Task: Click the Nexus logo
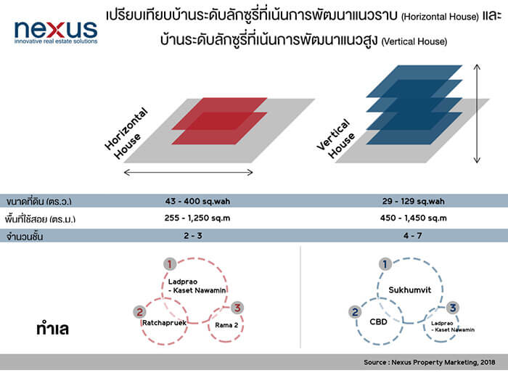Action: [56, 33]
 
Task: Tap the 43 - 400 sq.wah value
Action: [197, 201]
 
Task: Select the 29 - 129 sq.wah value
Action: [414, 201]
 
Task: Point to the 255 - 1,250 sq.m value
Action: [197, 218]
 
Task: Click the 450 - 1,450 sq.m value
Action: [414, 218]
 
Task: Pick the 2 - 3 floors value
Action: [193, 236]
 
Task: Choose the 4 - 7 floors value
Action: [413, 236]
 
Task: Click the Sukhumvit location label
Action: [410, 290]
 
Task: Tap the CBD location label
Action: [378, 321]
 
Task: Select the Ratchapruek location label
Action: [164, 323]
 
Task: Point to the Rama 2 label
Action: [226, 325]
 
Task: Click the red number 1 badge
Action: [169, 264]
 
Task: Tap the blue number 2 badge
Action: [355, 312]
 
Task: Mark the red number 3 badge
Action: [237, 308]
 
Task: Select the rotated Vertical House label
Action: [336, 139]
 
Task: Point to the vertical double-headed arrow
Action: [477, 113]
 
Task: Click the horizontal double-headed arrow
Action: [188, 173]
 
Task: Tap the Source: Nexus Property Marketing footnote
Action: [430, 362]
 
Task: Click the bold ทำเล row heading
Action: [52, 328]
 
